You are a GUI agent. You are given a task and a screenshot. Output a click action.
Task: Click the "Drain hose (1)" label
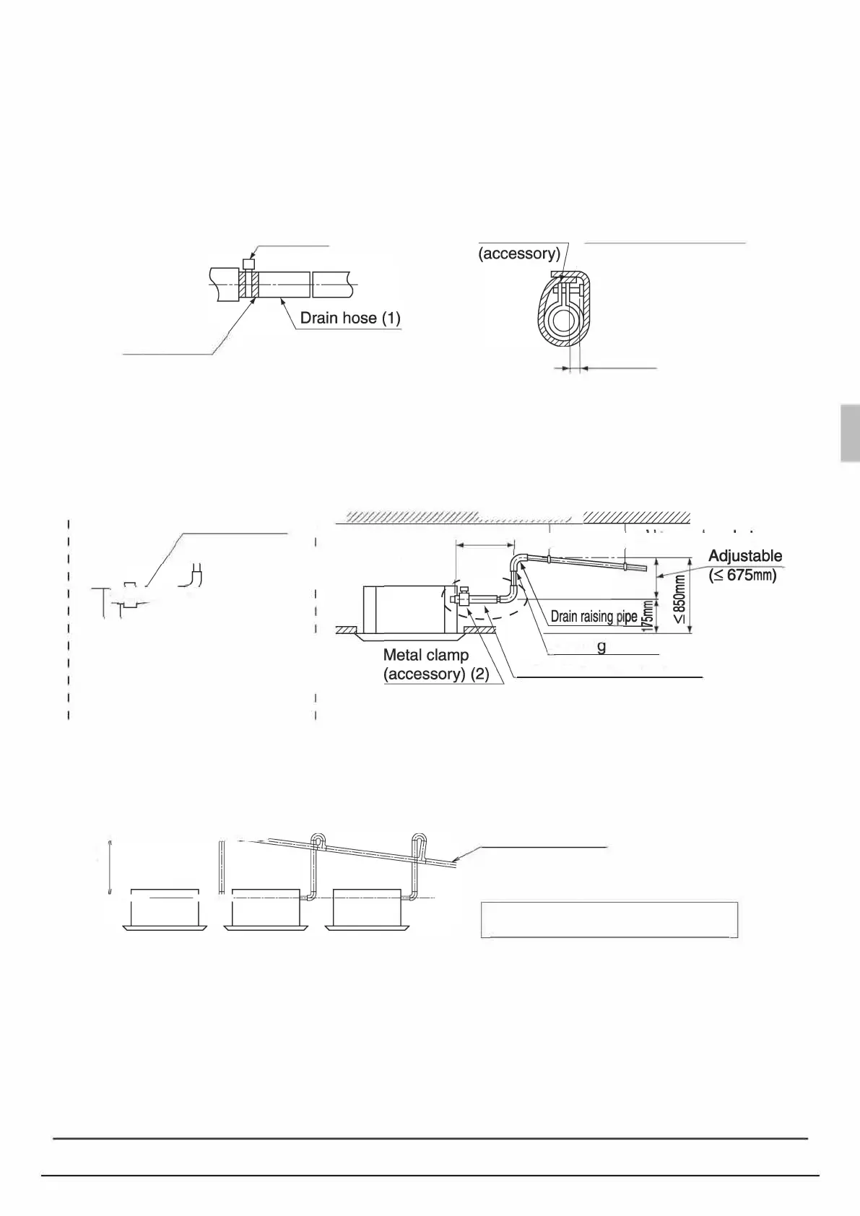(349, 318)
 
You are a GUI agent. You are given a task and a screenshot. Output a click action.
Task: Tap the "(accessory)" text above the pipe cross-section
(519, 253)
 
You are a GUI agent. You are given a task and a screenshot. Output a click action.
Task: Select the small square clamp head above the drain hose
(249, 264)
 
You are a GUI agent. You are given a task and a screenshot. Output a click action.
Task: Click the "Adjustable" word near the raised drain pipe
(744, 556)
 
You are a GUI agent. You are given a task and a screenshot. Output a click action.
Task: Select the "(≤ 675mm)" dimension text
(742, 576)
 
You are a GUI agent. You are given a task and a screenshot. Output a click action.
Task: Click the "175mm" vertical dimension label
(648, 616)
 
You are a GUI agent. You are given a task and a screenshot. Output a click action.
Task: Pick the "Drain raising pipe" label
(594, 617)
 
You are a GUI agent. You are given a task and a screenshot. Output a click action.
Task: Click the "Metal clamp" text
(426, 655)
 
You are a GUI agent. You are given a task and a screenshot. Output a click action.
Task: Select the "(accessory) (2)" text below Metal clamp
(436, 674)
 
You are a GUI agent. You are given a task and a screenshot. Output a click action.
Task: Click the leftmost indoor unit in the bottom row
(164, 907)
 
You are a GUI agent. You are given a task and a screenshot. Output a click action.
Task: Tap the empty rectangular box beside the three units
(609, 918)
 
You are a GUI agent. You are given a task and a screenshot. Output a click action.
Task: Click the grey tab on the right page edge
(850, 433)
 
